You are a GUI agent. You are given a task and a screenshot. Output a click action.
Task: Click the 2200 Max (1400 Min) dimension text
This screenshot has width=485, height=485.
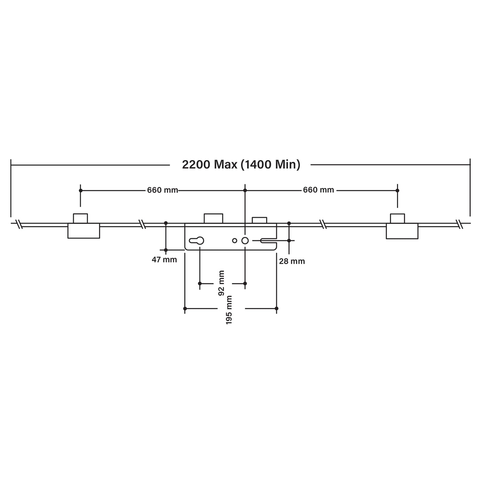coord(241,164)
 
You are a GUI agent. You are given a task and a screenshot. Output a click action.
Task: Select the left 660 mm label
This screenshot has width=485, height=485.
coord(162,190)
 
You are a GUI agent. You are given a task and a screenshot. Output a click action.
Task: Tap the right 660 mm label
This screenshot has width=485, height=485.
coord(319,190)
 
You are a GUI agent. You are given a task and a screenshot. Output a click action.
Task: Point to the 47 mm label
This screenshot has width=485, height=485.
coord(164,260)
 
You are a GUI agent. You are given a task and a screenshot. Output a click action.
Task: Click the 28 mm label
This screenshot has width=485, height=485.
coord(292,261)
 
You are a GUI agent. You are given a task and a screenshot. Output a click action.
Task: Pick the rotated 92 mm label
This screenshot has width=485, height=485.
coord(221,283)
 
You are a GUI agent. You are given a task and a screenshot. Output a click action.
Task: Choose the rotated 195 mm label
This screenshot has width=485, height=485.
coord(229,310)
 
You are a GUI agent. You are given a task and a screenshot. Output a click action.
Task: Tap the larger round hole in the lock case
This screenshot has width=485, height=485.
coord(245,240)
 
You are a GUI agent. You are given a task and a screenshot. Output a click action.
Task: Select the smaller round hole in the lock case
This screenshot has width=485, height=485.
coord(235,240)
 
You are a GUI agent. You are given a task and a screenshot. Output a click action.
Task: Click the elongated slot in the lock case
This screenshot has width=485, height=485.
coord(268,240)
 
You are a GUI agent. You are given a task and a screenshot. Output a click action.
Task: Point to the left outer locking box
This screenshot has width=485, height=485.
coord(84,231)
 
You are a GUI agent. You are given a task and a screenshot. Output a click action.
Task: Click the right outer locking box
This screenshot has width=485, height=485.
coord(402,231)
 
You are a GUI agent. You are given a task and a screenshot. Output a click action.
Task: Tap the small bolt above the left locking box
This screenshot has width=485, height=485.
coord(81,219)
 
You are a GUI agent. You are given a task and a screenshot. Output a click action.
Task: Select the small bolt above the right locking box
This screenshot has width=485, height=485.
coord(397,219)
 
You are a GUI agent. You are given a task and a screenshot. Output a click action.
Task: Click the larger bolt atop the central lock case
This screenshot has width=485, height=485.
coord(213,219)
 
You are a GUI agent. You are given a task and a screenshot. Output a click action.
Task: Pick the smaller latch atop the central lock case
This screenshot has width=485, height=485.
coord(259,220)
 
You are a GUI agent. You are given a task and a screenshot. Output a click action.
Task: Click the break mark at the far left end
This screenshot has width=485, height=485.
coord(19,224)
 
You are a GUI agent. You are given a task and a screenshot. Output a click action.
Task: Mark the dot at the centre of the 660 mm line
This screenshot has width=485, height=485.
coord(245,190)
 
